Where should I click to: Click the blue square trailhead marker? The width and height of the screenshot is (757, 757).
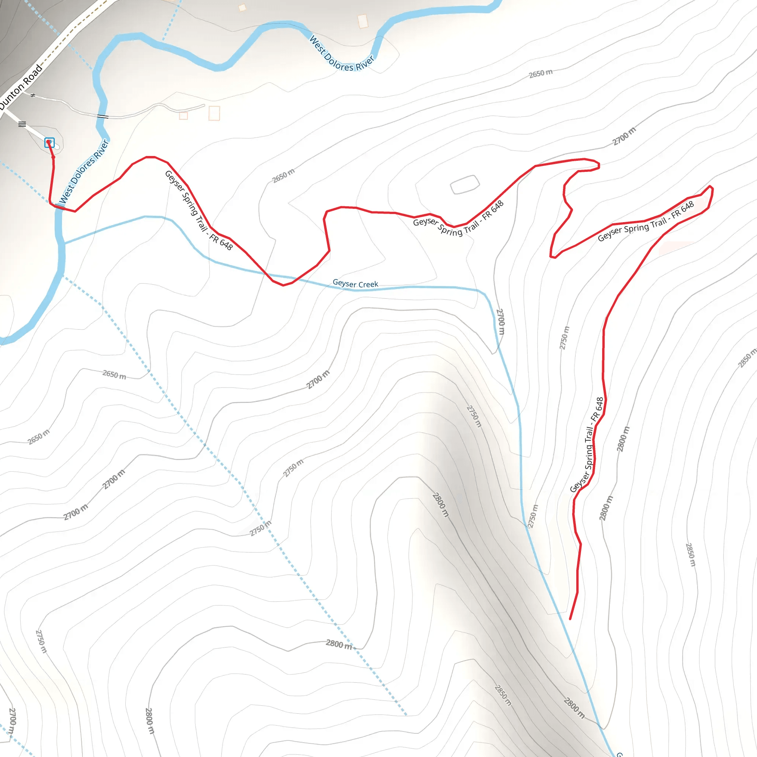pos(50,142)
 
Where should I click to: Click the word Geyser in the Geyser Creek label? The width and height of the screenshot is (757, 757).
pos(344,282)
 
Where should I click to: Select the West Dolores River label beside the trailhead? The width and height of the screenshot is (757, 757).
pos(84,172)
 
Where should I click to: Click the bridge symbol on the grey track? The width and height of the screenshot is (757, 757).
pos(103,116)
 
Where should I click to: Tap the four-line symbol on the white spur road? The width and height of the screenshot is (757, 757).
pos(22,124)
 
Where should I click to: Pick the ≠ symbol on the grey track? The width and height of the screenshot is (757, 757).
pos(33,95)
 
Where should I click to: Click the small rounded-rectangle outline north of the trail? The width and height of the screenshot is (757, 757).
pos(464,184)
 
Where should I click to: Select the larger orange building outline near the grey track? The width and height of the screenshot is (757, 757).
pos(214,113)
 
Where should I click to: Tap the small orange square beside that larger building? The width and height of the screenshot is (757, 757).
pos(183,116)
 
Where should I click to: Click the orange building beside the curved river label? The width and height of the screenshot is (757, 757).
pos(363,21)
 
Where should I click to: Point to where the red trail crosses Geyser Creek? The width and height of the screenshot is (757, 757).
pos(270,276)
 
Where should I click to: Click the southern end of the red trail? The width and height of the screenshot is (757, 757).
pos(570,619)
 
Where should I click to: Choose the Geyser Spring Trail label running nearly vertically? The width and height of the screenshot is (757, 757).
pos(587,445)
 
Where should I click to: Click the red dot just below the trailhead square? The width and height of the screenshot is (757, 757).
pos(53,157)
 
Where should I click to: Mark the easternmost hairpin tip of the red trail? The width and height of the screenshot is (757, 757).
pos(711,189)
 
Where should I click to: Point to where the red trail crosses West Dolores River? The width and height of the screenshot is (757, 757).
pos(60,207)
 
